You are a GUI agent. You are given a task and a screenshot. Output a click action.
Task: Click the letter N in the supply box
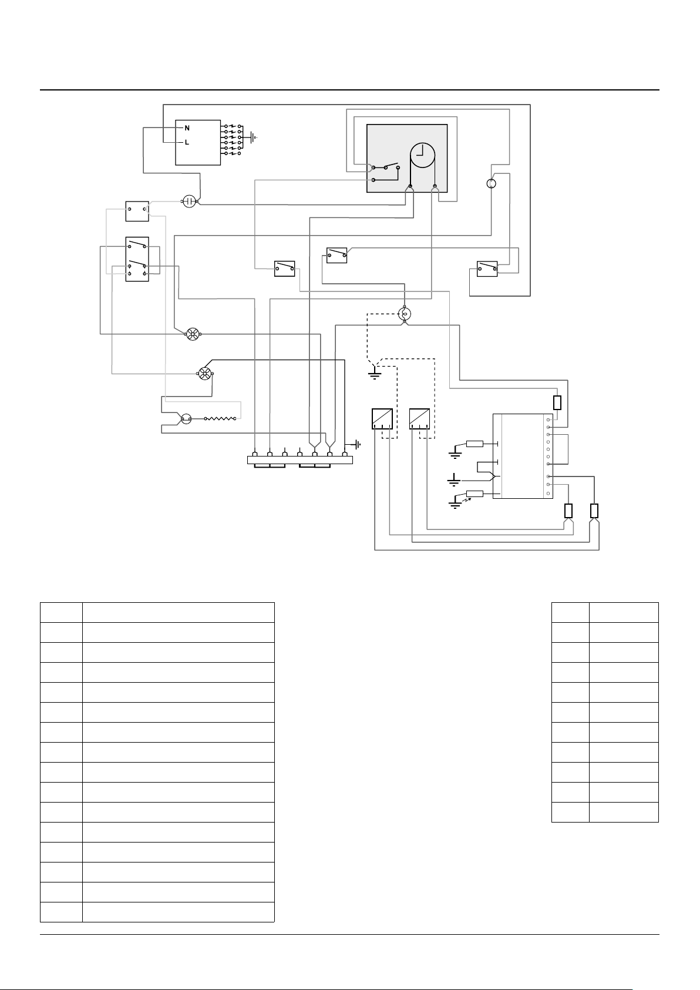[x=187, y=128]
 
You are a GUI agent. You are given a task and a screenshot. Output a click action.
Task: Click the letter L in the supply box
[x=187, y=142]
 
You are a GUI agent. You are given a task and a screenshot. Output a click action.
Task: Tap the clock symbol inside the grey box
[x=423, y=156]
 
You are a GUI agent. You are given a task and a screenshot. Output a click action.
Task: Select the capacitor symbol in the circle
[x=190, y=202]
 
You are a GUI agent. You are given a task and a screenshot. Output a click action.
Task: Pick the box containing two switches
[x=137, y=259]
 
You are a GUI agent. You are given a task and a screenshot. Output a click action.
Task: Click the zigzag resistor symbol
[x=220, y=418]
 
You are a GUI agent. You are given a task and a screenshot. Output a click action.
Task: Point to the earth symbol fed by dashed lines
[x=375, y=375]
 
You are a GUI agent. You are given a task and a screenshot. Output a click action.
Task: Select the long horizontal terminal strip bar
[x=300, y=460]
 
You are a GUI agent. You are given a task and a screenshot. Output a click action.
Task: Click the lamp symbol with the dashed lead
[x=405, y=314]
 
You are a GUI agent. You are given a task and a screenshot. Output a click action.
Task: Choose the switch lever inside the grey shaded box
[x=391, y=166]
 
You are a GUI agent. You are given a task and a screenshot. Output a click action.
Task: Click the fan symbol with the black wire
[x=204, y=374]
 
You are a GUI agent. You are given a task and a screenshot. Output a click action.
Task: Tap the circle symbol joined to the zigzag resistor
[x=186, y=418]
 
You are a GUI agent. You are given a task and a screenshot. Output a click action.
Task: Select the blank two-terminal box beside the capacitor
[x=137, y=212]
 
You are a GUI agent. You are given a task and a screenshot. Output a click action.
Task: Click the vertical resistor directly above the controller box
[x=557, y=402]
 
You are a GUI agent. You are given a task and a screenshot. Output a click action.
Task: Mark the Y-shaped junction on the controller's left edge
[x=494, y=476]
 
